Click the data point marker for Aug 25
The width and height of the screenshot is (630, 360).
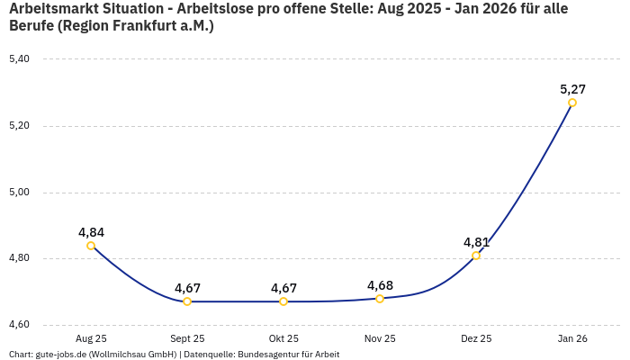pyautogui.click(x=91, y=246)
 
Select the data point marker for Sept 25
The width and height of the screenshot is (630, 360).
pyautogui.click(x=187, y=301)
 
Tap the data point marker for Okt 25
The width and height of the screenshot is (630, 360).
pyautogui.click(x=283, y=301)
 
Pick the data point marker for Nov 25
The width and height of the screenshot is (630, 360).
pyautogui.click(x=380, y=299)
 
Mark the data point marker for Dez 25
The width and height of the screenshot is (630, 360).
pyautogui.click(x=476, y=256)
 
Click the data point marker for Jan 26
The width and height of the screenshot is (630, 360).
pyautogui.click(x=572, y=103)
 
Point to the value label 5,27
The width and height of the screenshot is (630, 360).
pyautogui.click(x=572, y=89)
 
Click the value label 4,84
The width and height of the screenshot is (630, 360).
pyautogui.click(x=91, y=232)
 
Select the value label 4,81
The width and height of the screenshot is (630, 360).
pyautogui.click(x=476, y=242)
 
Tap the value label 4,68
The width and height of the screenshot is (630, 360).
pyautogui.click(x=380, y=285)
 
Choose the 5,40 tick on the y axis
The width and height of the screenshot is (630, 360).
pyautogui.click(x=19, y=59)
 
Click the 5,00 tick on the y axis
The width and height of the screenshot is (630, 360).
pyautogui.click(x=19, y=193)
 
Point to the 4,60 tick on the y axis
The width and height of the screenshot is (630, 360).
pyautogui.click(x=19, y=325)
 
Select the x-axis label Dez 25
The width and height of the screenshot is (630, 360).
pyautogui.click(x=476, y=339)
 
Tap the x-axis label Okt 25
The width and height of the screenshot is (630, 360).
pyautogui.click(x=283, y=339)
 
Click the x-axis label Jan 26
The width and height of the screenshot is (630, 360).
pyautogui.click(x=572, y=339)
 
